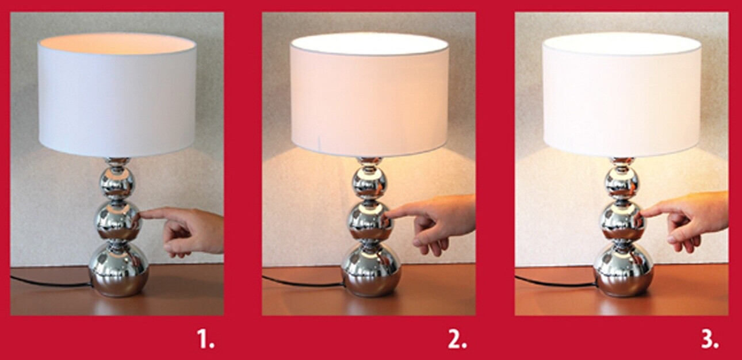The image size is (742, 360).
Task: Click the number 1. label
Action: pyautogui.click(x=206, y=339)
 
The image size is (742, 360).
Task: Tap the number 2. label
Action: pyautogui.click(x=457, y=339)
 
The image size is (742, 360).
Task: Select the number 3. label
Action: pyautogui.click(x=710, y=339)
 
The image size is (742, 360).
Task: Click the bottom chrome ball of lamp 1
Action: pyautogui.click(x=118, y=269)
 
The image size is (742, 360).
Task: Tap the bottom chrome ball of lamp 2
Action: pyautogui.click(x=371, y=269)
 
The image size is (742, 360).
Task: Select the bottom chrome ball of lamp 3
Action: pyautogui.click(x=624, y=269)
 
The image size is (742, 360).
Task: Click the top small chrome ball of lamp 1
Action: pyautogui.click(x=117, y=183)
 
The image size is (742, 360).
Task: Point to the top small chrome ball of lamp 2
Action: pyautogui.click(x=370, y=183)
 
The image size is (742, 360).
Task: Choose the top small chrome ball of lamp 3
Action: pyautogui.click(x=622, y=183)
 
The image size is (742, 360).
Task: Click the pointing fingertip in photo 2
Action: pyautogui.click(x=388, y=215)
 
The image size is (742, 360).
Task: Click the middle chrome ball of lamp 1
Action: pyautogui.click(x=118, y=220)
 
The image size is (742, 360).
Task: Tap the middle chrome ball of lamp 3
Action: pyautogui.click(x=624, y=220)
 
